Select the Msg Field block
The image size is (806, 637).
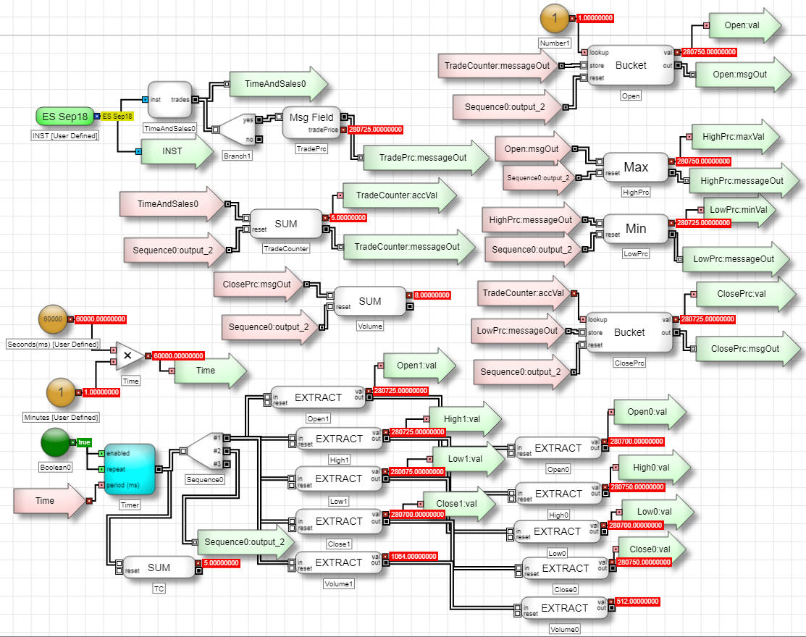tap(311, 121)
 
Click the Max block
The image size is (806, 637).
tap(635, 167)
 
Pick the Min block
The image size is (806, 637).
tap(635, 229)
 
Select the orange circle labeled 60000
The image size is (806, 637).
tap(53, 318)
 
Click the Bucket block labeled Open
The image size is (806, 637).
tap(630, 65)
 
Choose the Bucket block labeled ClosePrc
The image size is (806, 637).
tap(629, 332)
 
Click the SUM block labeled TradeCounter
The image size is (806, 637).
tap(286, 224)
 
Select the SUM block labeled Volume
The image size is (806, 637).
tap(369, 300)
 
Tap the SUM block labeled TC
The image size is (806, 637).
tap(159, 568)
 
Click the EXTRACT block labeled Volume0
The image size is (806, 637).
tap(565, 608)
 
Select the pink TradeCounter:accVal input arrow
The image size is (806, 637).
tap(522, 293)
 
